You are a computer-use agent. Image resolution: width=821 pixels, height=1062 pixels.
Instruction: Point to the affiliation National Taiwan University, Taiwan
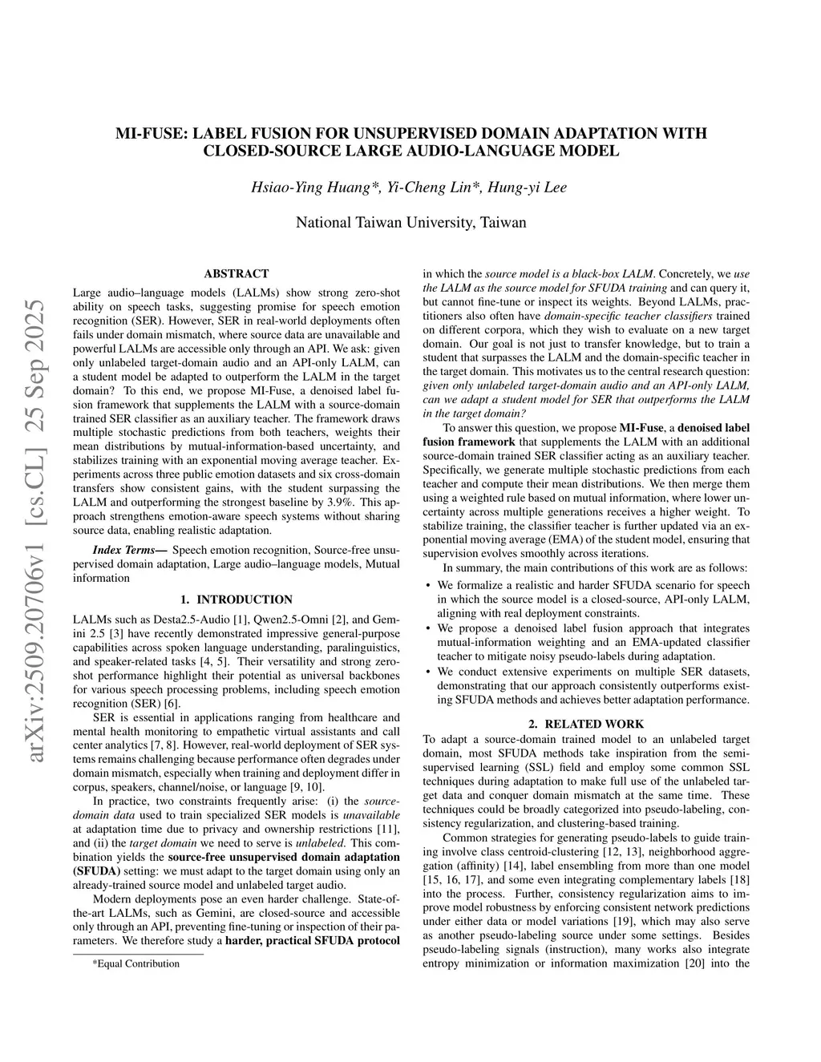[x=410, y=222]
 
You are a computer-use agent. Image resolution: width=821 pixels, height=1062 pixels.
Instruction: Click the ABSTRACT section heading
[x=236, y=273]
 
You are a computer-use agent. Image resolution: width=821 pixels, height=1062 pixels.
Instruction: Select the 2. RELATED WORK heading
[x=586, y=724]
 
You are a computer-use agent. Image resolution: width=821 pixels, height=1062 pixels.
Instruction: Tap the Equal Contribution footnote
[x=135, y=963]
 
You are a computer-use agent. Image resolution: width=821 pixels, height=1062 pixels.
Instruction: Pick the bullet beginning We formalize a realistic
[x=593, y=600]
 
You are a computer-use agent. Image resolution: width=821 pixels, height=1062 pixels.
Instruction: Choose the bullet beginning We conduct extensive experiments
[x=593, y=685]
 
